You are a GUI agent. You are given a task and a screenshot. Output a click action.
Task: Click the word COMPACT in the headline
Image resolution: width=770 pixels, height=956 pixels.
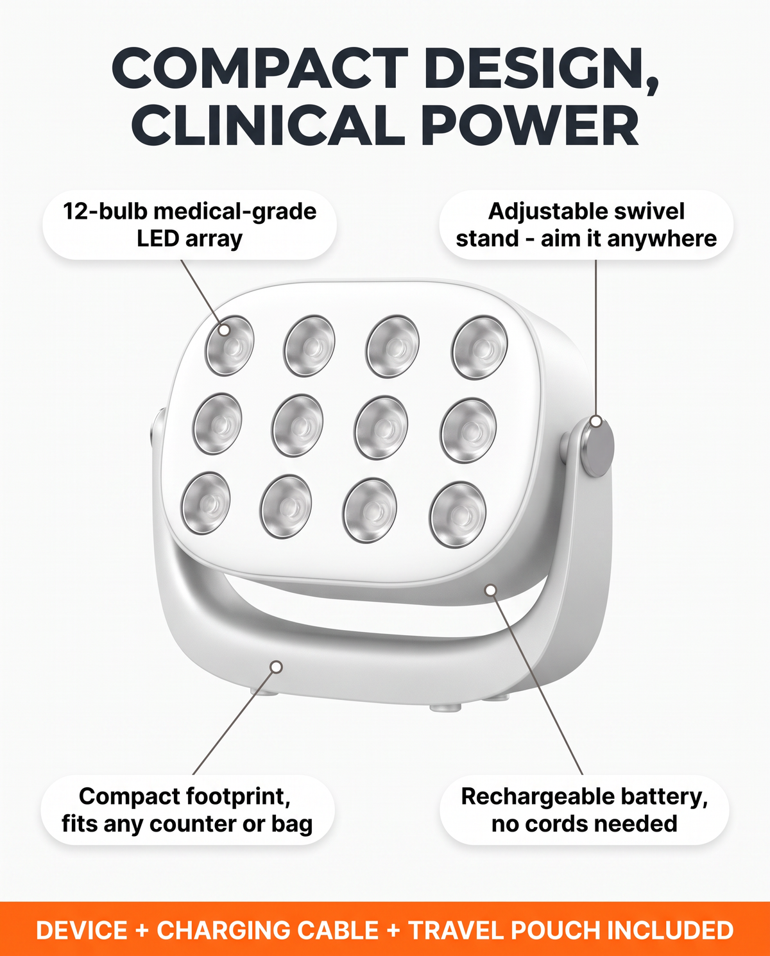(x=261, y=69)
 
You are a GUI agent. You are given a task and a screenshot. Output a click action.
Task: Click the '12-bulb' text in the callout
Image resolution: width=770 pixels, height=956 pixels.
(x=105, y=212)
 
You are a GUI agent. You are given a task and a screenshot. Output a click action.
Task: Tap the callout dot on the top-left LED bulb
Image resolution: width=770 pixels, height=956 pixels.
(x=225, y=330)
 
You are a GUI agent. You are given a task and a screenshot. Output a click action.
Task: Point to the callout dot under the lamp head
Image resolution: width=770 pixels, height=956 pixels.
(x=490, y=590)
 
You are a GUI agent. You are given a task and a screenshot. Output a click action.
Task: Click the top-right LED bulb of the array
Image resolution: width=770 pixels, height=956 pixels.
(x=479, y=347)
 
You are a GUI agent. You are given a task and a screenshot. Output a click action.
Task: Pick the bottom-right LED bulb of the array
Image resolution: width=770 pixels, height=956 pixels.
(x=458, y=515)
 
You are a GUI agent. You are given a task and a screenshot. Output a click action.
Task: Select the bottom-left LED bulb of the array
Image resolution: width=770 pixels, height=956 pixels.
(x=206, y=503)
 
